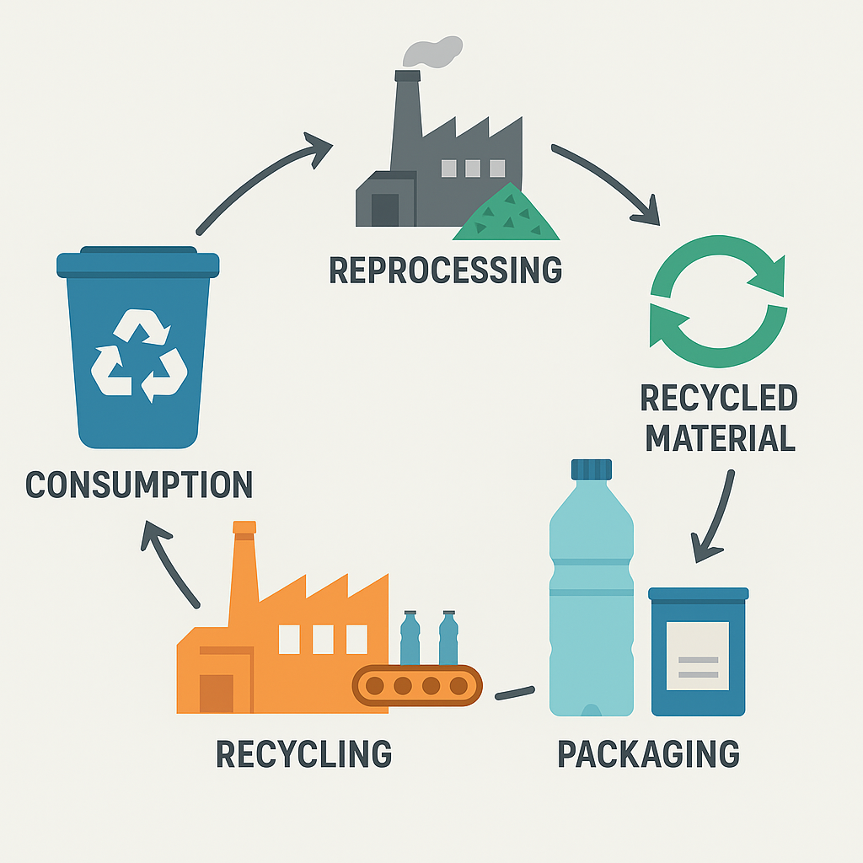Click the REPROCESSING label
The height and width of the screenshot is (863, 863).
click(x=445, y=270)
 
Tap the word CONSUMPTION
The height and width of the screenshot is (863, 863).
click(x=139, y=485)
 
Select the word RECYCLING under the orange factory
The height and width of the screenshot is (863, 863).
click(x=303, y=753)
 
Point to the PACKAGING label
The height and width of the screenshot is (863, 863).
click(x=648, y=753)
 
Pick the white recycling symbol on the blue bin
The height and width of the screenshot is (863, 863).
click(x=138, y=354)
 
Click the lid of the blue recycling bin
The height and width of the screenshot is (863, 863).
click(x=138, y=263)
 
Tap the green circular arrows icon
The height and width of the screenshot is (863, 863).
click(x=718, y=302)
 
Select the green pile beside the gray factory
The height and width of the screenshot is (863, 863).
click(x=507, y=215)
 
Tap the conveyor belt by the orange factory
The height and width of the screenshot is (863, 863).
click(x=417, y=684)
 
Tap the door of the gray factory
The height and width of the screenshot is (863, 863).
click(x=384, y=209)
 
